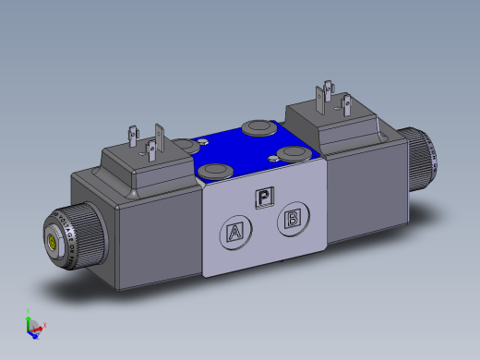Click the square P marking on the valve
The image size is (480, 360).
[x=264, y=196]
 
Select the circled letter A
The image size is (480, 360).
[x=235, y=233]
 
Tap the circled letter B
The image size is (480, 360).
[x=292, y=219]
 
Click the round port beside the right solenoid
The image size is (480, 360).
[x=295, y=151]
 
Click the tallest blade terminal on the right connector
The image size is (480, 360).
[x=327, y=94]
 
